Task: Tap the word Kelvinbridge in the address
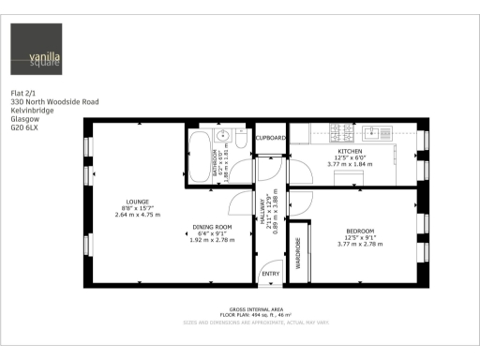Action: click(x=32, y=110)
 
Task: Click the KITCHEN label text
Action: click(x=350, y=151)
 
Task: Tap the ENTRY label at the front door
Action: click(x=270, y=274)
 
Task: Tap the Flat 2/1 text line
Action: click(x=22, y=93)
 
